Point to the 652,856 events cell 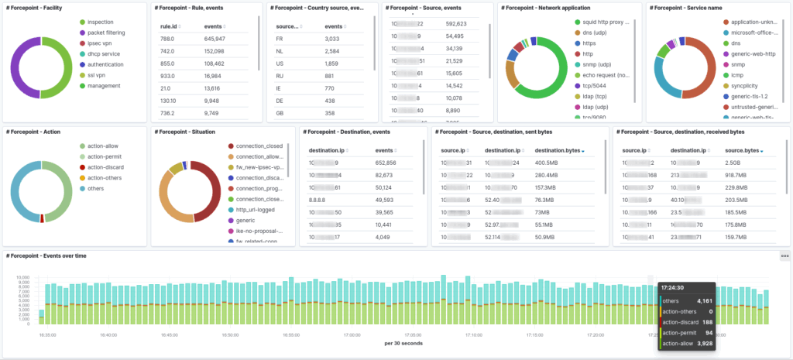click(x=386, y=163)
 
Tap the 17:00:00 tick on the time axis click(x=352, y=334)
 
